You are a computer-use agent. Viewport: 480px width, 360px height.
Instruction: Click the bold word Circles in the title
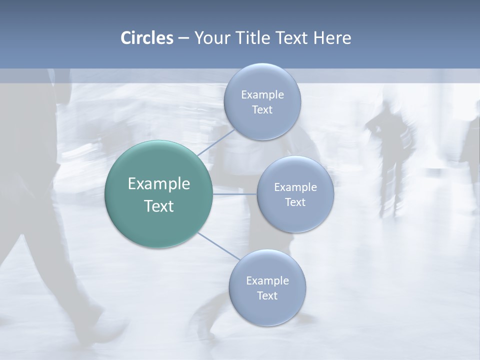pos(146,38)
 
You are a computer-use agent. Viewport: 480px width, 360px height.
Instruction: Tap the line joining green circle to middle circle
pos(234,193)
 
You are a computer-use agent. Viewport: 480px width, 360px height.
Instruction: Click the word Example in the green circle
pos(158,184)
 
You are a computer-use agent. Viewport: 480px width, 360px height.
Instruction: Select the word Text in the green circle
pos(158,206)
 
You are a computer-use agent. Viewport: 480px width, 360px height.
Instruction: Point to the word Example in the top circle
pos(262,94)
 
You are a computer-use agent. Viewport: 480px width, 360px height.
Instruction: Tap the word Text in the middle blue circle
pos(295,202)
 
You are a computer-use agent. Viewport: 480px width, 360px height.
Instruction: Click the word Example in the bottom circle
pos(267,280)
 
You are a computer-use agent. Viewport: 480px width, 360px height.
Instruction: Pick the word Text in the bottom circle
pos(267,295)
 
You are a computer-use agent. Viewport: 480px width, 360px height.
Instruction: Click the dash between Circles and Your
pos(183,38)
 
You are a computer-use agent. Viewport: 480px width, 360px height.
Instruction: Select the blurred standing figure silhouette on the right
pos(390,150)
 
